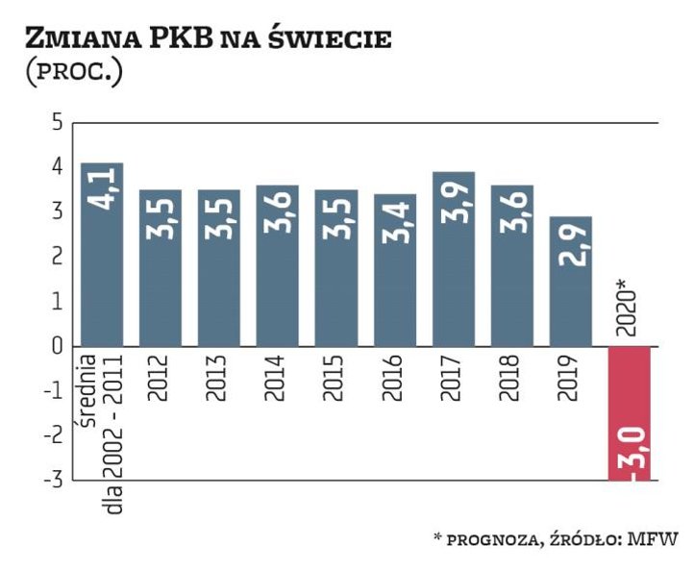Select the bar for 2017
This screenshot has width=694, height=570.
pyautogui.click(x=454, y=260)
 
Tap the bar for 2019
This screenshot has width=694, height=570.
pyautogui.click(x=570, y=281)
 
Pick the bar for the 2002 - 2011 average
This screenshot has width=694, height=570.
pyautogui.click(x=102, y=255)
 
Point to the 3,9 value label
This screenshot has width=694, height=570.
pyautogui.click(x=455, y=200)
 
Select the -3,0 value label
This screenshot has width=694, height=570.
pyautogui.click(x=632, y=456)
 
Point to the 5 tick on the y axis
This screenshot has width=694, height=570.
pyautogui.click(x=57, y=123)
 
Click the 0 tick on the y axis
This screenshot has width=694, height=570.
pyautogui.click(x=57, y=345)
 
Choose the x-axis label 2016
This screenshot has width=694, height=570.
pyautogui.click(x=394, y=380)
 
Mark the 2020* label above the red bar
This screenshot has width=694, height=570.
pyautogui.click(x=628, y=307)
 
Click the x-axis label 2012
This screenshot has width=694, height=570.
pyautogui.click(x=161, y=380)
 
